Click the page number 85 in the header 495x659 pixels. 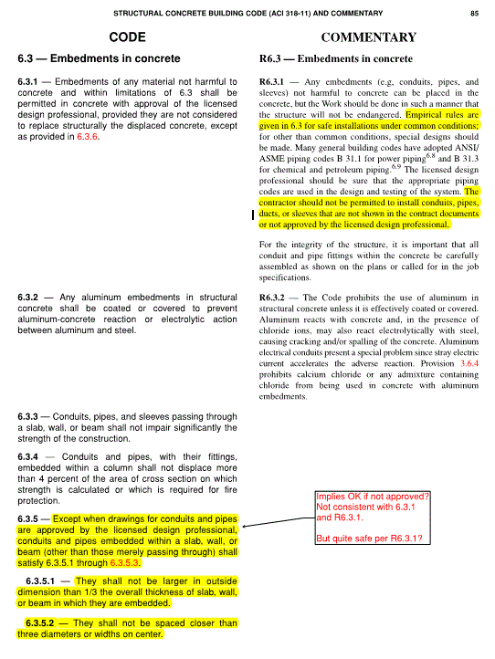click(475, 14)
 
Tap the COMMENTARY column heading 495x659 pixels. click(369, 38)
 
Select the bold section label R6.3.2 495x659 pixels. click(277, 297)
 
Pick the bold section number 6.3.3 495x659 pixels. click(33, 417)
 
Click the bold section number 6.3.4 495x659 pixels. click(33, 455)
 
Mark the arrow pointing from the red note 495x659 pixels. click(274, 523)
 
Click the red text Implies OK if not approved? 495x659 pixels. click(373, 497)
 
